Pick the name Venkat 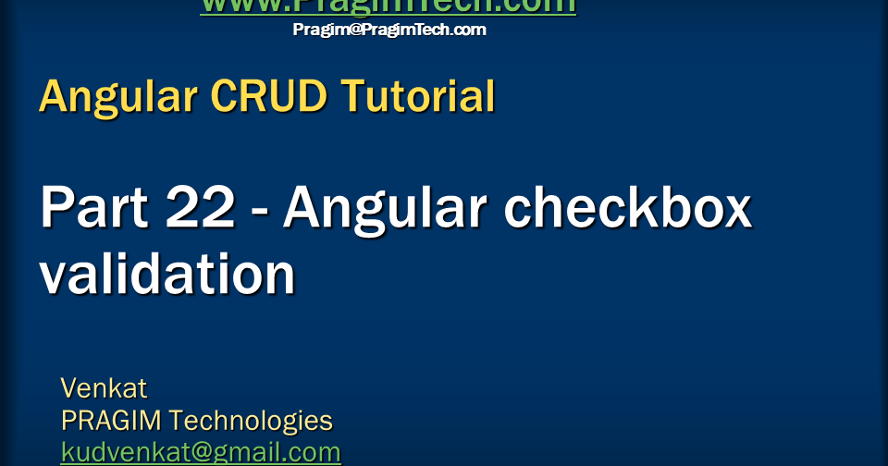(x=104, y=386)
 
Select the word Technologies (x=251, y=421)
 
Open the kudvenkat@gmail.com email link (x=201, y=452)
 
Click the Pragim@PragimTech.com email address (x=389, y=30)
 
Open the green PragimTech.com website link (x=388, y=6)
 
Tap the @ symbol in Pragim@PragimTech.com (x=353, y=30)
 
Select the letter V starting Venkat (x=69, y=386)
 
